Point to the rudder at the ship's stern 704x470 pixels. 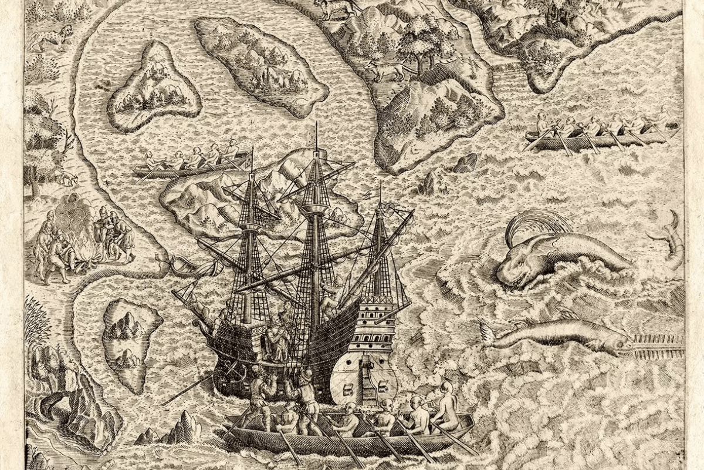click(x=367, y=376)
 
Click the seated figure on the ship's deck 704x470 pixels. click(x=276, y=338)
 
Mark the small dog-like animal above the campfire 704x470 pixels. click(x=67, y=176)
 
